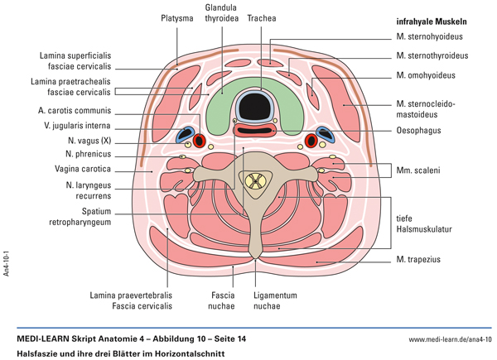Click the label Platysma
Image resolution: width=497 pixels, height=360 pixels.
(x=178, y=17)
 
